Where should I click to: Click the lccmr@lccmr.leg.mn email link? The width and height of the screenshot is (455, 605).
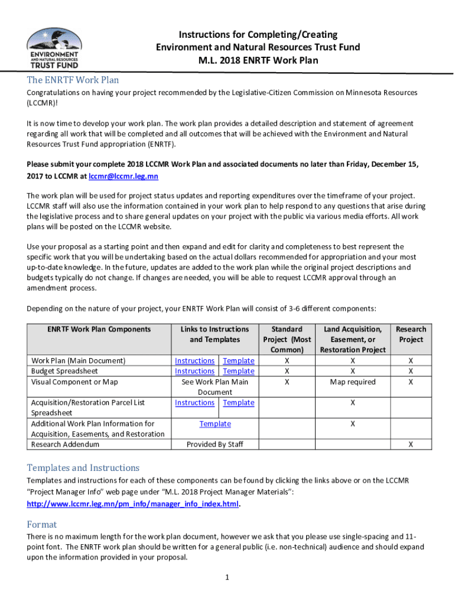coord(123,177)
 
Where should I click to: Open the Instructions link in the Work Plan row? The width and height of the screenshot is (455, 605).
coord(194,360)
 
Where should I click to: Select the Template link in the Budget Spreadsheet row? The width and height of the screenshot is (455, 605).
coord(238,371)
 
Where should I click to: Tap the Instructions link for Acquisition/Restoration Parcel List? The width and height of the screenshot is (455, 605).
coord(194,402)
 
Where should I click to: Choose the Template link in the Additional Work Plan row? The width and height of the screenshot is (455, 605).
coord(215,424)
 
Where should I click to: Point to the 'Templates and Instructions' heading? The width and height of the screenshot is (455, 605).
coord(83,467)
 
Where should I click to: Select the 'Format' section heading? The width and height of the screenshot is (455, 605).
coord(42,524)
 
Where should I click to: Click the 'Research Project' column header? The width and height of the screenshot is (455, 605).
coord(411,334)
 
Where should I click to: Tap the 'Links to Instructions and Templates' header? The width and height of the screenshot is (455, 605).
coord(215,334)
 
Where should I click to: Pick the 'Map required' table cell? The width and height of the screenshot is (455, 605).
coord(353,382)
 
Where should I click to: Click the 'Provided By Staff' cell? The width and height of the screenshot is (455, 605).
coord(215,444)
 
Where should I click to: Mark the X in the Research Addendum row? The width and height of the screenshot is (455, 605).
coord(411,444)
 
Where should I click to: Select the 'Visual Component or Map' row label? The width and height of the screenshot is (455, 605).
coord(74,382)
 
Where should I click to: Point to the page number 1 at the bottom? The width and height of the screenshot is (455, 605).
coord(227,577)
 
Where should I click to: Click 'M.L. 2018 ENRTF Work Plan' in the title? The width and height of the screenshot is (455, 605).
coord(258,60)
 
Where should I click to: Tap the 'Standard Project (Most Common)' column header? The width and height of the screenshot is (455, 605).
coord(287,339)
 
